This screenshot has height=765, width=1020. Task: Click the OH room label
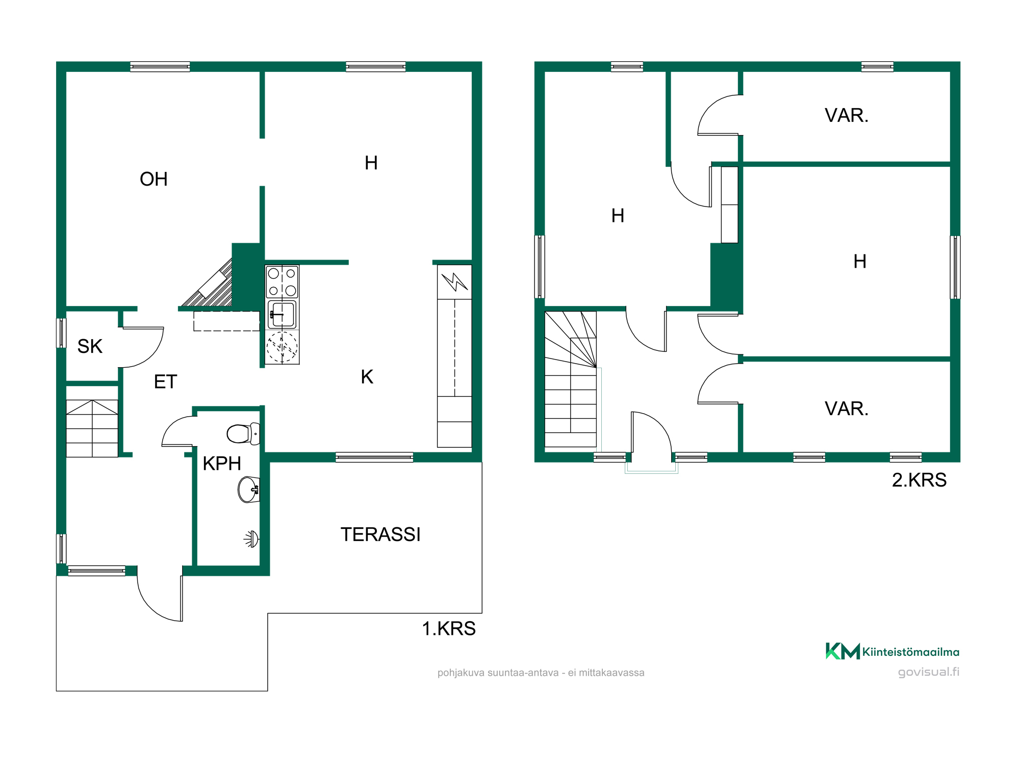(x=154, y=179)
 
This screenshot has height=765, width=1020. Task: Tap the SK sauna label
(x=90, y=346)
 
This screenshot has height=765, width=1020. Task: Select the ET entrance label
(x=165, y=381)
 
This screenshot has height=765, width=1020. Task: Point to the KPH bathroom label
(x=222, y=463)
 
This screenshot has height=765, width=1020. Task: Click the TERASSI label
(x=380, y=534)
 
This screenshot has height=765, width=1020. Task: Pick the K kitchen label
(x=367, y=377)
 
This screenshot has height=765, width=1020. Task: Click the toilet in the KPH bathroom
(x=244, y=433)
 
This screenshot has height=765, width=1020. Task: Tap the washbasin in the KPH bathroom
(x=249, y=490)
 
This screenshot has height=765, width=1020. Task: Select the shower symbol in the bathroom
(x=251, y=539)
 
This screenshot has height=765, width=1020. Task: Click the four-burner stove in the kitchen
(x=282, y=282)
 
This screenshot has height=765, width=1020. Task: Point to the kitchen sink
(x=282, y=314)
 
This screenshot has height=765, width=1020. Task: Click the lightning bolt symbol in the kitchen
(x=454, y=282)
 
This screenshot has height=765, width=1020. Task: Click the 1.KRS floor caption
(x=449, y=628)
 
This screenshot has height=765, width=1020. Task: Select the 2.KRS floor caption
(x=919, y=480)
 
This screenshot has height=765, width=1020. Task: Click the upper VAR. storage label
(x=847, y=115)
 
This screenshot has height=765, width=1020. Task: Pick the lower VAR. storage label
(x=847, y=409)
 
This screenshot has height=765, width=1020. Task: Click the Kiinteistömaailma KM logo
(x=892, y=651)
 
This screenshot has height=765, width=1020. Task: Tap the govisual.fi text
(x=929, y=672)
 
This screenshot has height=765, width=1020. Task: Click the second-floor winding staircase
(x=571, y=379)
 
